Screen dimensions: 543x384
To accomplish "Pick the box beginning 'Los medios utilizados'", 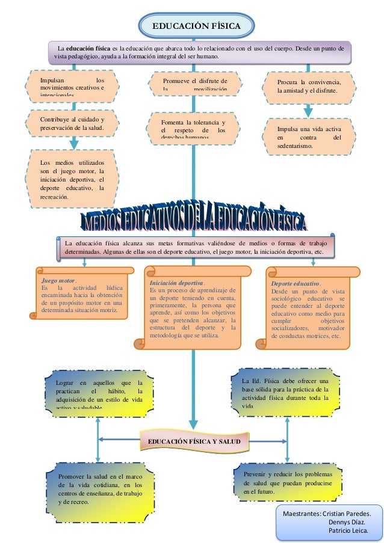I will [x=71, y=179].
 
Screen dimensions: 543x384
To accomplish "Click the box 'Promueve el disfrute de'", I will [x=194, y=85].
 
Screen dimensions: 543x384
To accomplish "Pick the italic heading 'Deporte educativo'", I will [x=296, y=283].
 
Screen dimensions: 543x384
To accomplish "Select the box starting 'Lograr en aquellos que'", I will [x=98, y=394].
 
